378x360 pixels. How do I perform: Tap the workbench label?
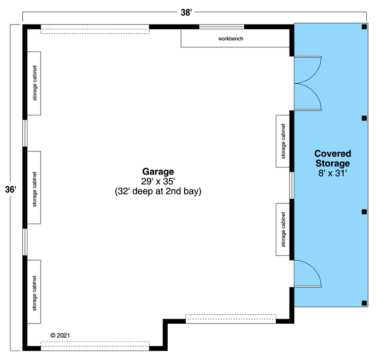pos(231,38)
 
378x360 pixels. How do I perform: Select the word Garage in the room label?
pos(158,172)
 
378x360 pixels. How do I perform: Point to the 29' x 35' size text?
pos(158,182)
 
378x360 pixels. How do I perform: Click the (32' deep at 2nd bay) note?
pos(158,192)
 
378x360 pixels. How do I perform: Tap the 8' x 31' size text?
pos(333,174)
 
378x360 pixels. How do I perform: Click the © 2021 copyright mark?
pos(60,335)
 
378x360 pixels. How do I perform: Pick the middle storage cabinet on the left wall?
pos(34,187)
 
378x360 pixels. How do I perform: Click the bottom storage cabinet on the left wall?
pos(34,291)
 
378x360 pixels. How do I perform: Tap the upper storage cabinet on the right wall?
pos(283,141)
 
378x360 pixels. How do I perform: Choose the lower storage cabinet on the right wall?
pos(283,229)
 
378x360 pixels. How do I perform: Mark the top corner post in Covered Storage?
pos(364,27)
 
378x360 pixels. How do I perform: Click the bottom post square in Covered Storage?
pos(364,303)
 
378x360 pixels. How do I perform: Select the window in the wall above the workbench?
pos(222,26)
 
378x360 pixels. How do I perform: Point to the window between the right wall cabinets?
pos(292,185)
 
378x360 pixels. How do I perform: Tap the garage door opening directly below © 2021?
pos(95,346)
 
